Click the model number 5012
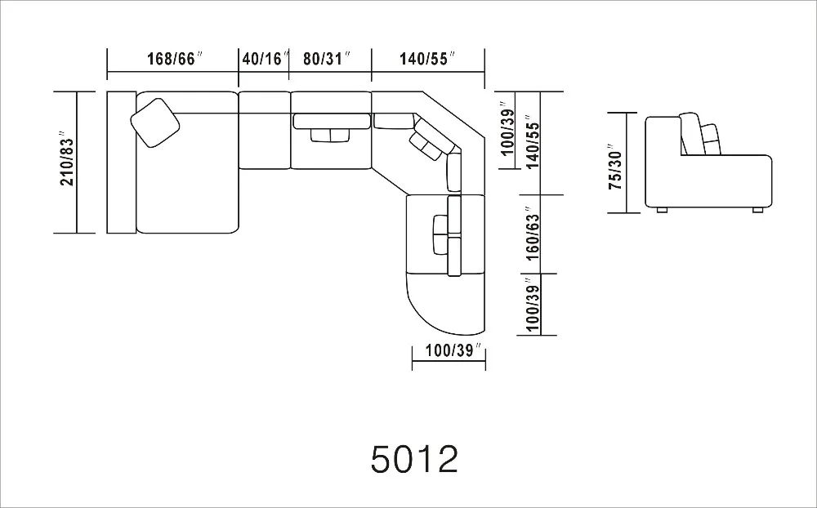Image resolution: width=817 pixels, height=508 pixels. pyautogui.click(x=414, y=459)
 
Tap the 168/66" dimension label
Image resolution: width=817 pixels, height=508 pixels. pyautogui.click(x=174, y=59)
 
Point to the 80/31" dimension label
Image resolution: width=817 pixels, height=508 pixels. pyautogui.click(x=327, y=59)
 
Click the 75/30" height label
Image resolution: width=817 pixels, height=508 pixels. pyautogui.click(x=615, y=170)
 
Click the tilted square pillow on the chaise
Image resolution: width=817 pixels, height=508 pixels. pyautogui.click(x=155, y=122)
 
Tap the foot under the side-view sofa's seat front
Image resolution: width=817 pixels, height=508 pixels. pyautogui.click(x=757, y=210)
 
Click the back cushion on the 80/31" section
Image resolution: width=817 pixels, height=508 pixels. pyautogui.click(x=331, y=122)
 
